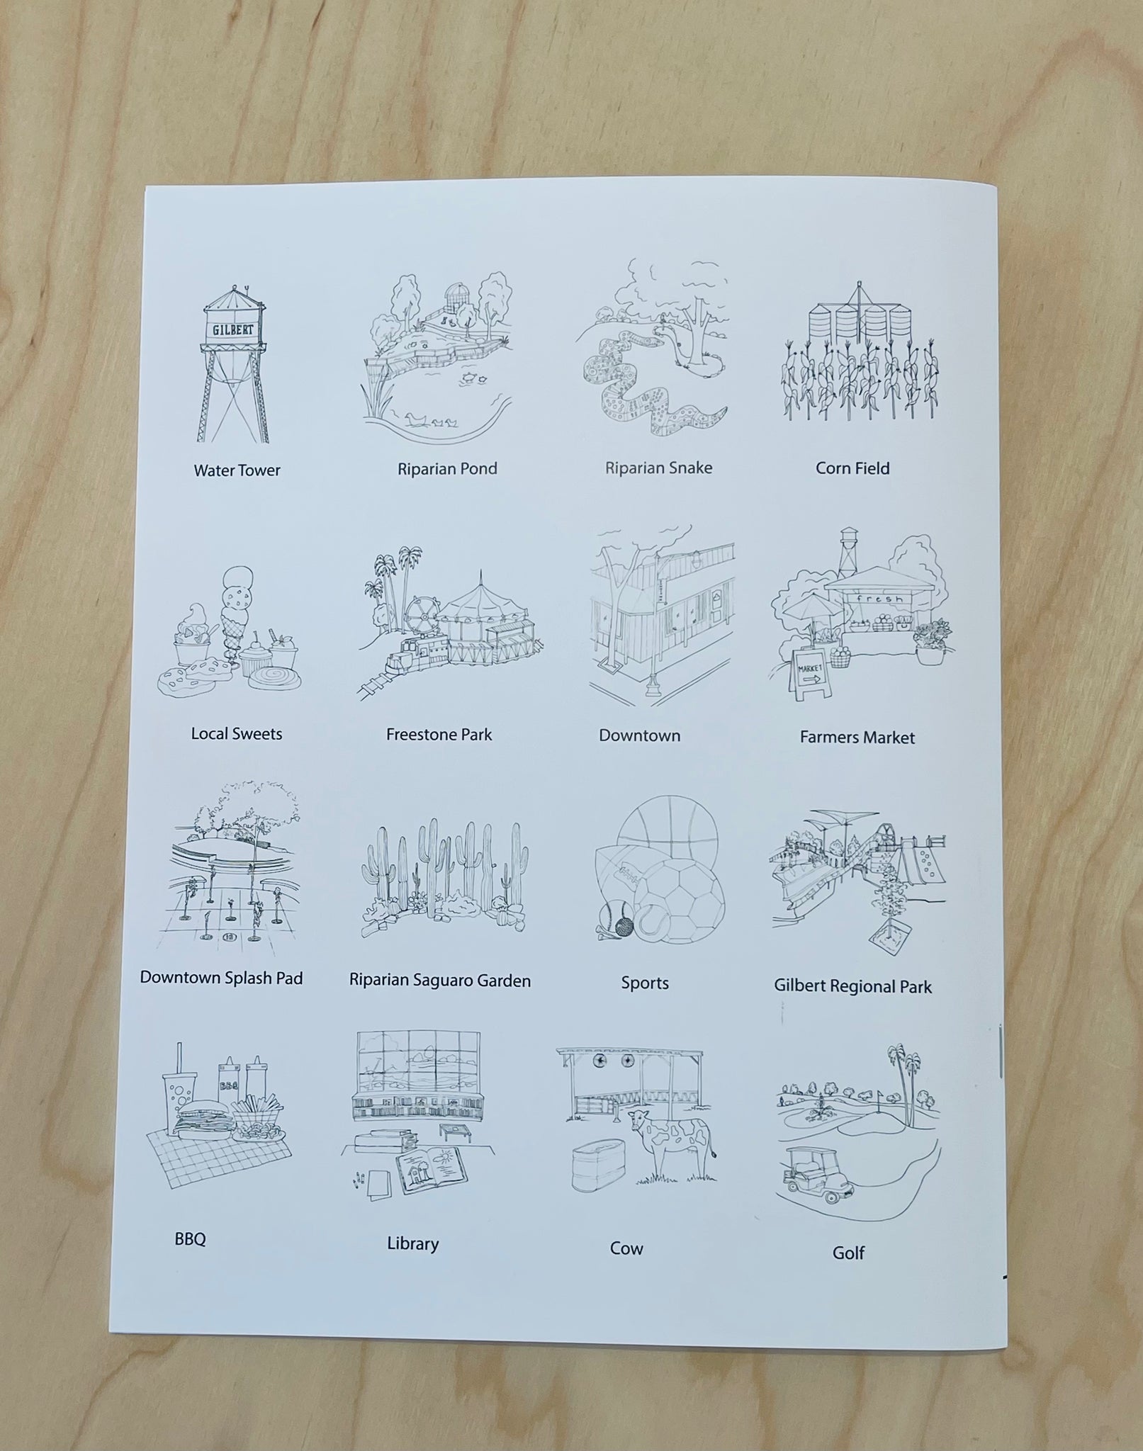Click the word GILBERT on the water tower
click(233, 330)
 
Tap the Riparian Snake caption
click(658, 468)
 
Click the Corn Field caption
click(852, 468)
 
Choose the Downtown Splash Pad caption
click(221, 978)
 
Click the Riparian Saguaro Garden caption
click(439, 981)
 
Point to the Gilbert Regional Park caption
click(852, 986)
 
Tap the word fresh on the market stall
click(879, 599)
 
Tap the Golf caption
click(848, 1253)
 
